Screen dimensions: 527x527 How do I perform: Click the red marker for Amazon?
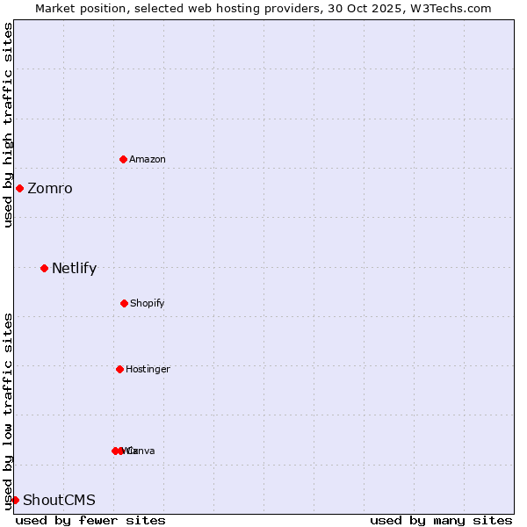(x=123, y=159)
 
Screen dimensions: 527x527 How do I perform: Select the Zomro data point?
(x=19, y=188)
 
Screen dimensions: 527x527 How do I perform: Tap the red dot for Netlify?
(x=44, y=268)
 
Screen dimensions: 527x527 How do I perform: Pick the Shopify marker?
(x=124, y=303)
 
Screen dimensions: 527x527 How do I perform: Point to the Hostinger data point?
(x=119, y=369)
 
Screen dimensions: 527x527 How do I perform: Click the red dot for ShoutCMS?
(x=15, y=500)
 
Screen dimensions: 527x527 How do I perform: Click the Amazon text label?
(x=148, y=159)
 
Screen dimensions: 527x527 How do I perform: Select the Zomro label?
(x=50, y=189)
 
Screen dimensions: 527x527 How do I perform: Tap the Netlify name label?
(x=74, y=269)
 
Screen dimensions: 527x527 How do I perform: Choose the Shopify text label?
(x=148, y=303)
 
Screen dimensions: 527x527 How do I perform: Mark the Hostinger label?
(x=148, y=369)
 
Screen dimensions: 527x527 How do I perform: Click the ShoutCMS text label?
(x=59, y=501)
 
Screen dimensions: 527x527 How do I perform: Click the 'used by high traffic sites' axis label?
(x=8, y=126)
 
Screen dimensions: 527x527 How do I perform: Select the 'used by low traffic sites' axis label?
(x=8, y=411)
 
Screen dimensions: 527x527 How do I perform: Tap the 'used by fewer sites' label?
(x=90, y=520)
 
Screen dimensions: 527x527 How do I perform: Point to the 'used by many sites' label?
(x=441, y=520)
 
